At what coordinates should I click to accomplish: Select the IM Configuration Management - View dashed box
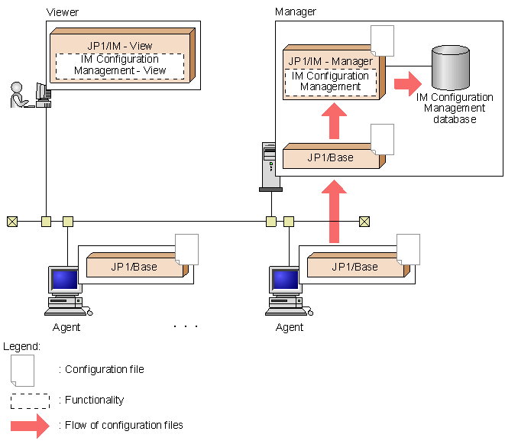[120, 65]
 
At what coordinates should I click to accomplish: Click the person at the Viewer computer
[18, 95]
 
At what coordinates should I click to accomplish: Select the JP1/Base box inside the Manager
[330, 157]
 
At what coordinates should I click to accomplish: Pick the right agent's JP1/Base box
[354, 267]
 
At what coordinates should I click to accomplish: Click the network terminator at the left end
[11, 222]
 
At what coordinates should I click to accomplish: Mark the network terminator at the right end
[364, 222]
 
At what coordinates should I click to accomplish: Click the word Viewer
[62, 13]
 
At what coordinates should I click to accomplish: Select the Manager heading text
[295, 12]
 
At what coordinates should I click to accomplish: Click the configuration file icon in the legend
[22, 370]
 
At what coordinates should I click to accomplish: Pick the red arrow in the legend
[31, 425]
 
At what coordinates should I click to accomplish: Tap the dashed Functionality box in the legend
[31, 400]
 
